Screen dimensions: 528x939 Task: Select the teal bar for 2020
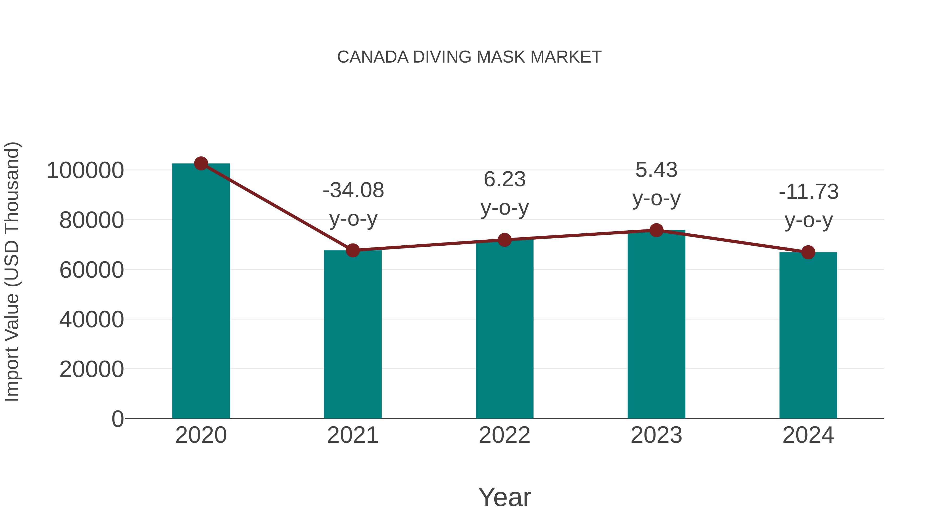coord(201,292)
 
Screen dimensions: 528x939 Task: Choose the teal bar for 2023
coord(656,324)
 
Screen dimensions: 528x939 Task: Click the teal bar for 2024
coord(808,335)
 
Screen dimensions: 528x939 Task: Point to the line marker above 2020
coord(201,163)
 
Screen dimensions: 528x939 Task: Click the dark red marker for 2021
coord(352,250)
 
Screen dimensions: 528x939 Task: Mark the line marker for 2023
coord(656,230)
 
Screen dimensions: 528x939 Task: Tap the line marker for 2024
coord(808,252)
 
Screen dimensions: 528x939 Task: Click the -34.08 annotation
coord(353,190)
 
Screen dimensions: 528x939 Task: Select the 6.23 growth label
coord(504,179)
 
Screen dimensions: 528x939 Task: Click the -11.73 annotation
coord(809,192)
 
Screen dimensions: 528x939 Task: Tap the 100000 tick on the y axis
coord(85,170)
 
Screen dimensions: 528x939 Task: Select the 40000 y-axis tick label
coord(92,320)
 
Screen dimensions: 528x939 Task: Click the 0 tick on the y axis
coord(117,419)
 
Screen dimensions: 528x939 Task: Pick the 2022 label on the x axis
coord(504,435)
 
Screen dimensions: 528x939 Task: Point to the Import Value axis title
coord(12,271)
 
